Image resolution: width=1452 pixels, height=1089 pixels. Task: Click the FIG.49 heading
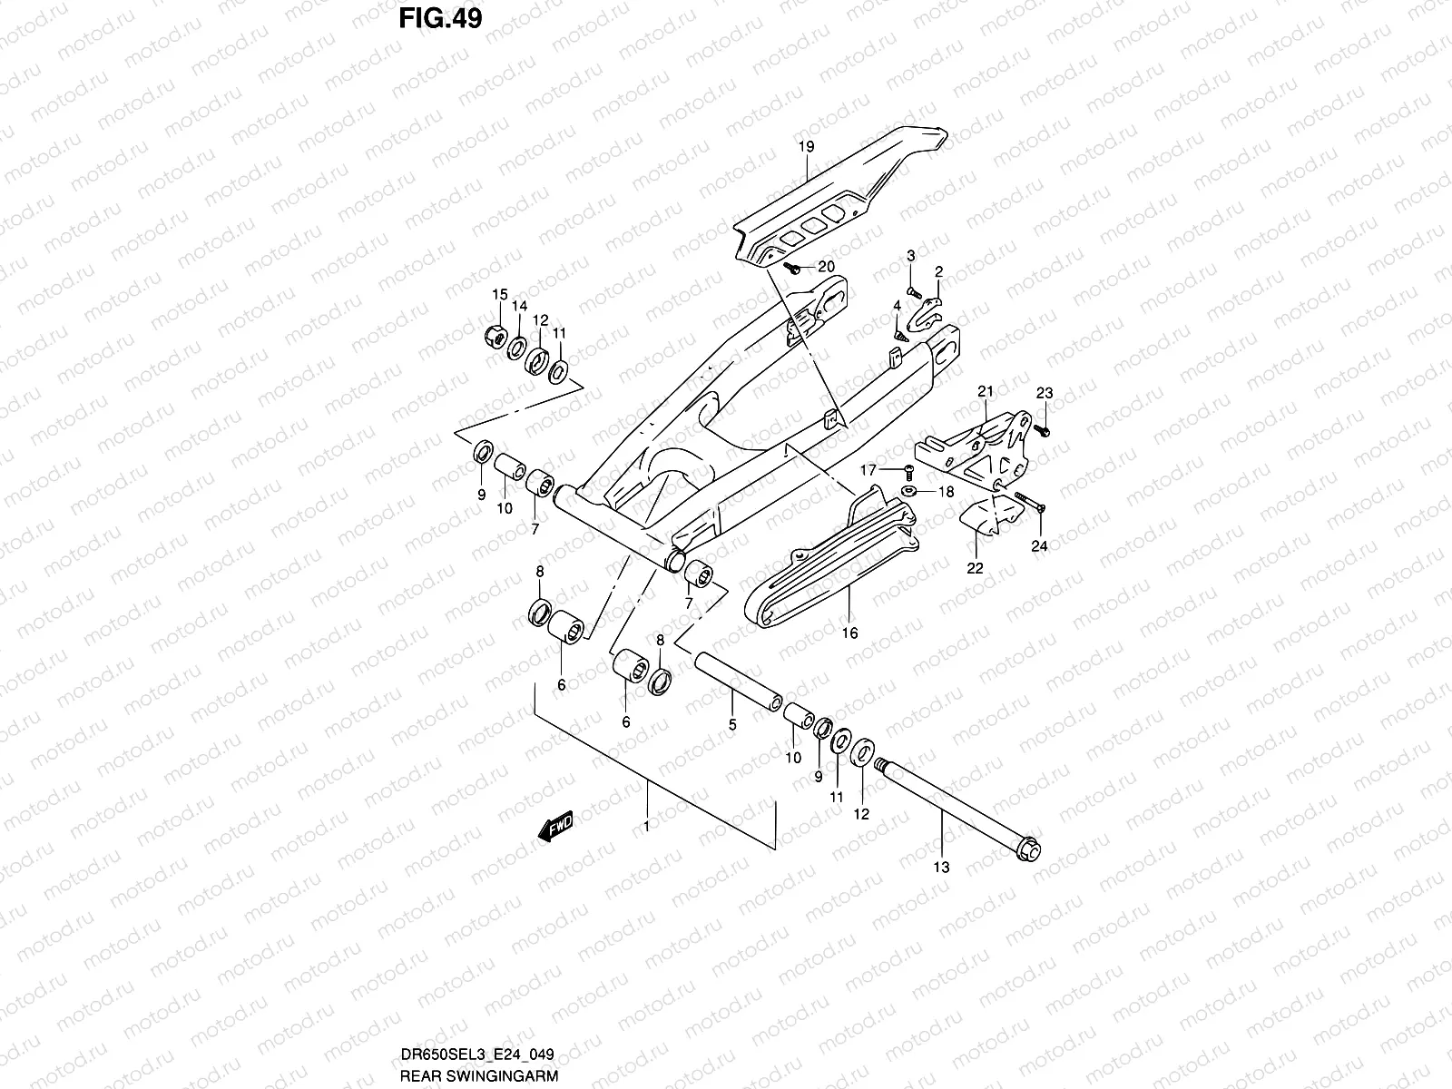(439, 19)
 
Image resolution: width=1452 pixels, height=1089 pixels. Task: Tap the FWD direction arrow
(555, 826)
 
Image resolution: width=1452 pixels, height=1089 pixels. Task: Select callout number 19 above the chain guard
(807, 147)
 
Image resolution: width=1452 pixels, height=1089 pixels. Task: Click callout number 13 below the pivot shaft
(941, 868)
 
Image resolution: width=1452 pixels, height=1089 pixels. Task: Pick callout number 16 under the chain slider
(849, 633)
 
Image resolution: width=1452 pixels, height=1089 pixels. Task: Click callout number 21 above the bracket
(986, 392)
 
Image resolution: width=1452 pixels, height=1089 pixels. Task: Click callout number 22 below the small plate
(975, 569)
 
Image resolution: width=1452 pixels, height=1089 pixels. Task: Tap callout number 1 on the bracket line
(646, 827)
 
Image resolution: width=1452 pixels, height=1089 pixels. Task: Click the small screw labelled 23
(1044, 430)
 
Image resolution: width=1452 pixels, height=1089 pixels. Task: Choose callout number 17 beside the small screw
(868, 470)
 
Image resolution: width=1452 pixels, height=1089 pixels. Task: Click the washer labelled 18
(908, 491)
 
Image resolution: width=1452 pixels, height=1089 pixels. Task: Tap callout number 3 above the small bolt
(910, 257)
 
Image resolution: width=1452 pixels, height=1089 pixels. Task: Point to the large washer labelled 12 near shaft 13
(863, 751)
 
